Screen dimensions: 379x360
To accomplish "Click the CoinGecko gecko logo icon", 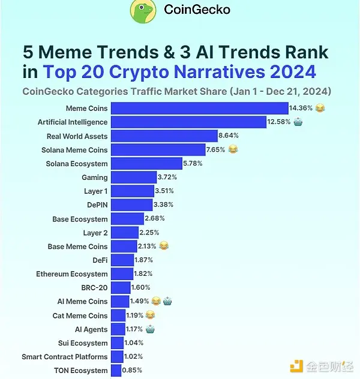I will pos(145,10).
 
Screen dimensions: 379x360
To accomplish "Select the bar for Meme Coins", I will pos(200,109).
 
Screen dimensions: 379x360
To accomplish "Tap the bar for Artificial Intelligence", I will pos(189,122).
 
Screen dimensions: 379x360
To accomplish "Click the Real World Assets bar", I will pos(164,136).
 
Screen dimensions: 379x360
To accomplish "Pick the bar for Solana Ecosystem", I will pos(147,164).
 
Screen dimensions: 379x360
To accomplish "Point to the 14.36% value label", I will pos(302,109).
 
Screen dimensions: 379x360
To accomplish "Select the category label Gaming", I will pos(95,178).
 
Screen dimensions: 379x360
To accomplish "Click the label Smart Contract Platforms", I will pos(65,357).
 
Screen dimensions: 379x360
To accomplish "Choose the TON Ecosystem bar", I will pos(116,371).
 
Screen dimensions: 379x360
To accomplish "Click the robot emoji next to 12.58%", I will pos(298,122).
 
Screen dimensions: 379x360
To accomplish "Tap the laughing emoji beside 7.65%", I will pos(233,150).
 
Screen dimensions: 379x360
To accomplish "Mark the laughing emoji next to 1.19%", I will pos(150,315).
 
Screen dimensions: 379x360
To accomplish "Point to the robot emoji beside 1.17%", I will pos(150,329).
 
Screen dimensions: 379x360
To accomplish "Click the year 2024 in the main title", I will pos(292,73).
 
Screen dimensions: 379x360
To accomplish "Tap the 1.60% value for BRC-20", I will pos(140,288).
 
